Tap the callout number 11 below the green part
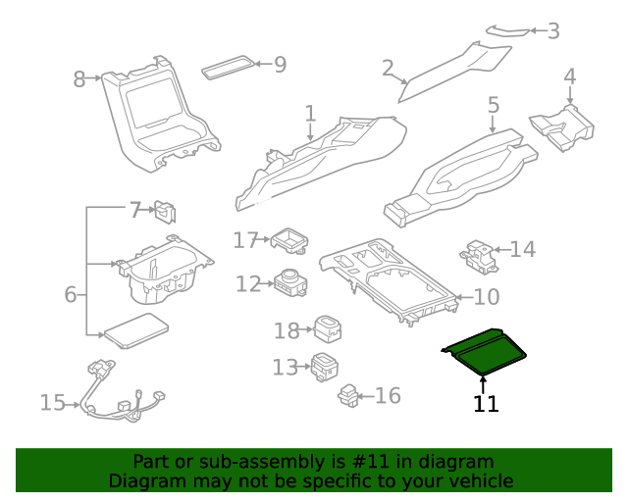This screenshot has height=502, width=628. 486,404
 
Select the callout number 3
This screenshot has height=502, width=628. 553,31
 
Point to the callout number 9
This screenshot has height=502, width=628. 280,65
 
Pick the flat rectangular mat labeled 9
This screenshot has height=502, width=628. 227,70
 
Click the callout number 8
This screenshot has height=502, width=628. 79,79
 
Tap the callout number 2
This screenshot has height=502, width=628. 388,68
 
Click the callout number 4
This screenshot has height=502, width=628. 569,75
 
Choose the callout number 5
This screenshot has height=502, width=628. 494,104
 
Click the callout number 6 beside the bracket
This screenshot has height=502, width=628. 70,294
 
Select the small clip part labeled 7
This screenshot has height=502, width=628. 164,210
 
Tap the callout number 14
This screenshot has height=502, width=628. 523,250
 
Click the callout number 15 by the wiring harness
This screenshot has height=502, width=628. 53,402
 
